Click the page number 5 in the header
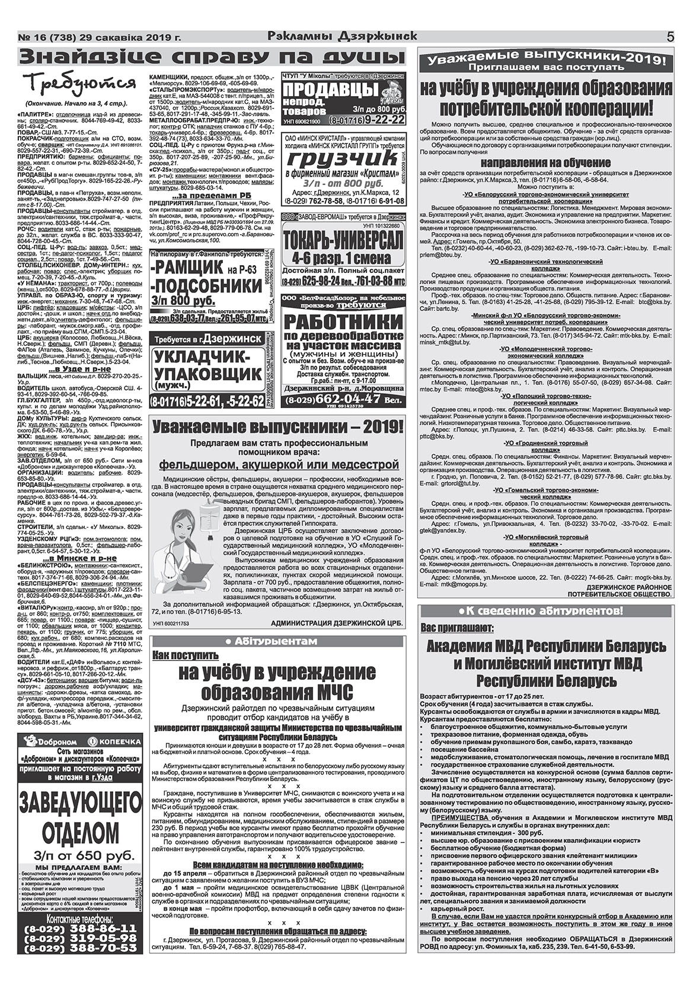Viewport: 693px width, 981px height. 670,37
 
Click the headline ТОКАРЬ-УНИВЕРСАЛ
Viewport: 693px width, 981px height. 343,240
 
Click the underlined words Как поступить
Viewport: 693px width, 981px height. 185,655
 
